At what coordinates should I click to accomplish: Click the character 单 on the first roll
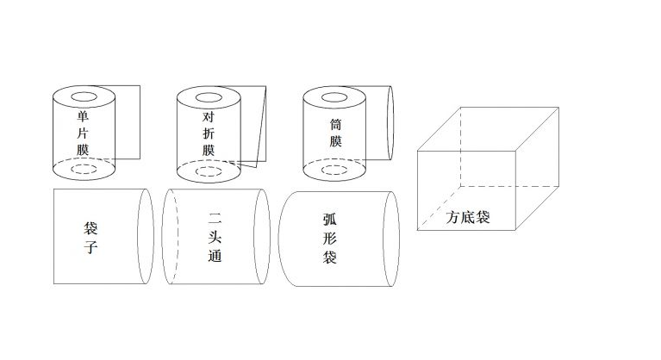pos(83,115)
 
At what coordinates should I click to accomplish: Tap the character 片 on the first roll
pos(83,133)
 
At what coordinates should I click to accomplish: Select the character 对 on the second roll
pos(209,116)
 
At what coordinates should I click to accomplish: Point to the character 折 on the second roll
pos(209,133)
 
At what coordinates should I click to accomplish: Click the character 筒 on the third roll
pos(335,124)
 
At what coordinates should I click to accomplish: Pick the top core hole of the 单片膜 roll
pos(84,93)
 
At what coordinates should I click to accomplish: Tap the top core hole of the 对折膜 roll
pos(209,94)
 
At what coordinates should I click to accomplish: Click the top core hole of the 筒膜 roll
pos(334,93)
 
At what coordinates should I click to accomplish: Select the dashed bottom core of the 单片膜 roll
pos(84,164)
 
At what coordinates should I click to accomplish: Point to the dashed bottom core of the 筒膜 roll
pos(334,165)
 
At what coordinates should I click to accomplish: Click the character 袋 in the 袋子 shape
pos(90,228)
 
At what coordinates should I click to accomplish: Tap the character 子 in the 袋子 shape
pos(90,246)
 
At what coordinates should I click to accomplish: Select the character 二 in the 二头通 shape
pos(215,219)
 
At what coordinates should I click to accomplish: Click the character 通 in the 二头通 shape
pos(215,256)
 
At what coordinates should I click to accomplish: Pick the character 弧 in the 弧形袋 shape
pos(330,219)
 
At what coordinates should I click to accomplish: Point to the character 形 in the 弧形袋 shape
pos(330,238)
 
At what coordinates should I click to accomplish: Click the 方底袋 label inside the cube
pos(468,217)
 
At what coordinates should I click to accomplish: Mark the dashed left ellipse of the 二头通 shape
pos(162,236)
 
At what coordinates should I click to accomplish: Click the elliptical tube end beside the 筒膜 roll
pos(393,123)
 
